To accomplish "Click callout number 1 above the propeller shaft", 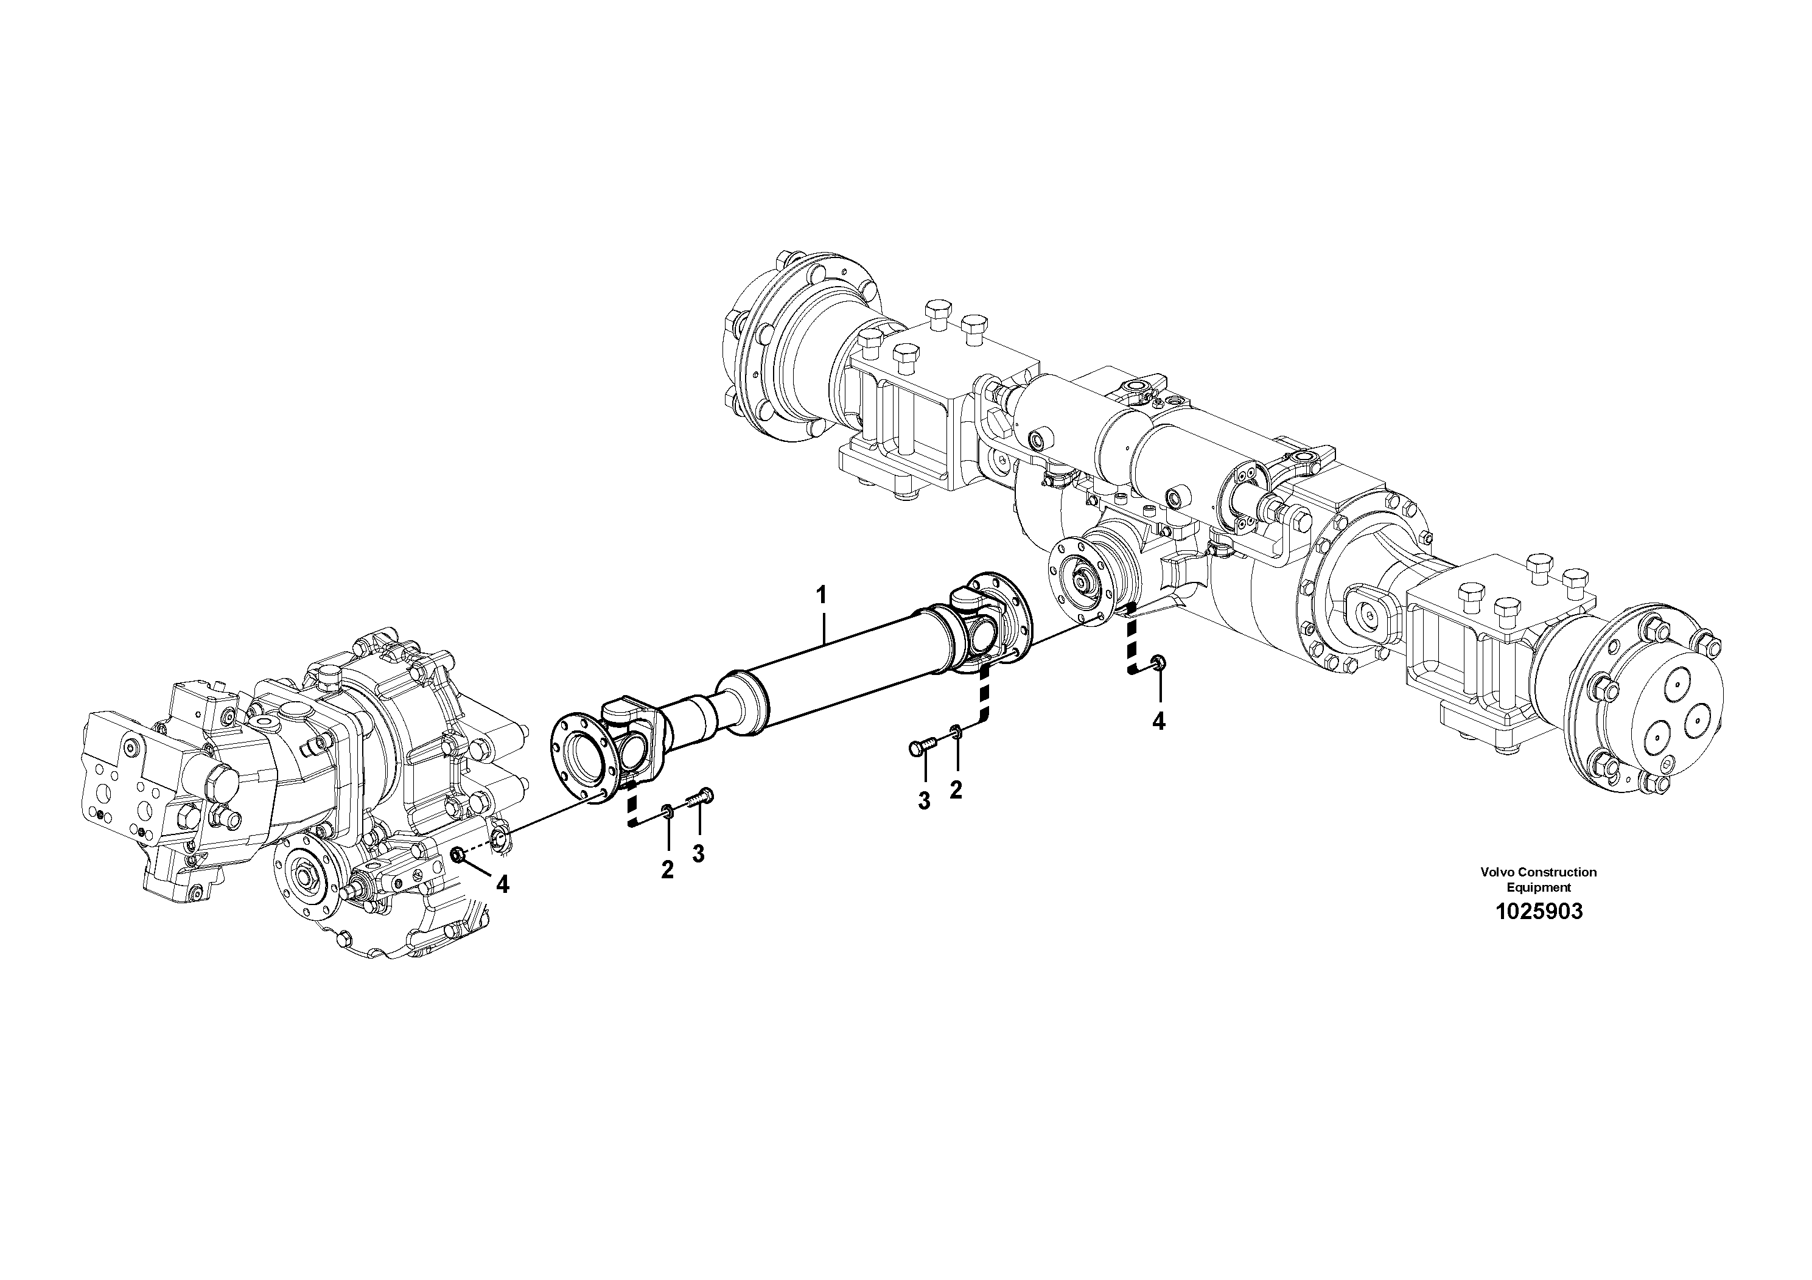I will coord(822,593).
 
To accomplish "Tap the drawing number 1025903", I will coord(1538,912).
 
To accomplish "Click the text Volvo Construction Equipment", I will coord(1538,879).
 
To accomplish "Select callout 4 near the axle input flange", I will coord(1158,721).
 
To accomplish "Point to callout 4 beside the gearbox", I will coord(502,884).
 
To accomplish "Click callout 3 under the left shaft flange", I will coord(698,853).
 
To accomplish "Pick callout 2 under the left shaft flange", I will coord(668,870).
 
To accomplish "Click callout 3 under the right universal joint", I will coord(924,801).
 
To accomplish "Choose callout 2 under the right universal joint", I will coord(956,790).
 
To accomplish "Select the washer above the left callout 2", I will coord(668,809).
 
